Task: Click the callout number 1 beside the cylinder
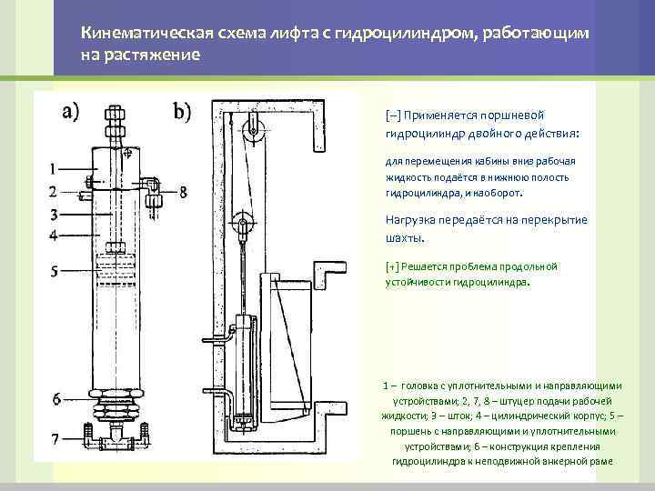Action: [x=54, y=168]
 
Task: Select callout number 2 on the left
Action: [x=54, y=192]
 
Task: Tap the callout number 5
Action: [x=54, y=271]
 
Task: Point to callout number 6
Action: [x=55, y=398]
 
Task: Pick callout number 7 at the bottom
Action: [x=55, y=440]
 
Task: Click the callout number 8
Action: [x=184, y=192]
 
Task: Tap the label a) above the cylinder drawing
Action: [x=70, y=112]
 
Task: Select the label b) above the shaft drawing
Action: [x=183, y=112]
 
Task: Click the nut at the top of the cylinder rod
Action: [x=116, y=117]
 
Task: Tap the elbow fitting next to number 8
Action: [x=152, y=185]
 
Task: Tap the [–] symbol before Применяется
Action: [x=392, y=116]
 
